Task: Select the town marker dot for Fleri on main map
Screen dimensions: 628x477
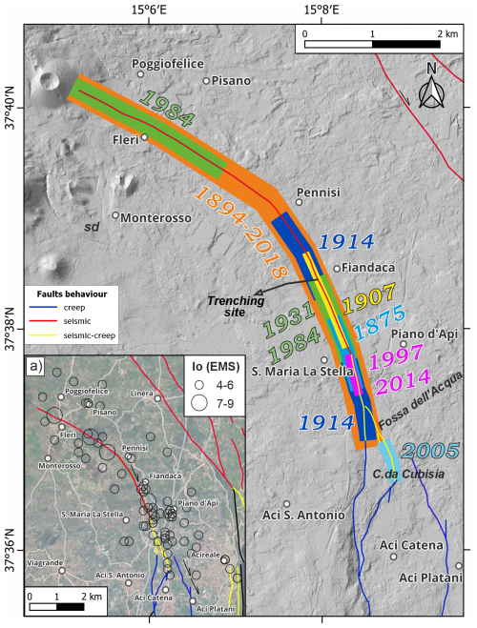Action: point(145,137)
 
